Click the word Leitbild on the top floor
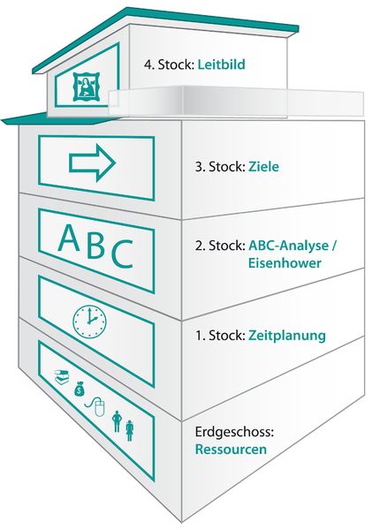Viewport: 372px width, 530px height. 221,64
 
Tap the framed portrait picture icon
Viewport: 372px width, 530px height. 86,87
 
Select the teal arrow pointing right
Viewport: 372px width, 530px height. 92,163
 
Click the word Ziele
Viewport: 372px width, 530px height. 264,166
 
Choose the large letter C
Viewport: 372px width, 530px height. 122,254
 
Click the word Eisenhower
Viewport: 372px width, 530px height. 285,262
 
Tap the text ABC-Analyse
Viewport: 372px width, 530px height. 288,246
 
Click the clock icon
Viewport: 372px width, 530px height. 89,322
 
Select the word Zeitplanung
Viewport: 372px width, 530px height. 287,336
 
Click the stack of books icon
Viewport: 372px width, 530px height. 62,376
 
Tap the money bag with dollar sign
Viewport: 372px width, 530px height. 80,389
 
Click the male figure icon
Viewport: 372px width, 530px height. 117,421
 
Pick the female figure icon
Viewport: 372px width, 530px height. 129,430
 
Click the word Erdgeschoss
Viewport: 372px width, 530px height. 234,432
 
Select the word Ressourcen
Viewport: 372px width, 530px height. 231,450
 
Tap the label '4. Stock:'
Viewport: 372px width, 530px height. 169,64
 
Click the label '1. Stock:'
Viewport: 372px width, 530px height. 220,336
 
